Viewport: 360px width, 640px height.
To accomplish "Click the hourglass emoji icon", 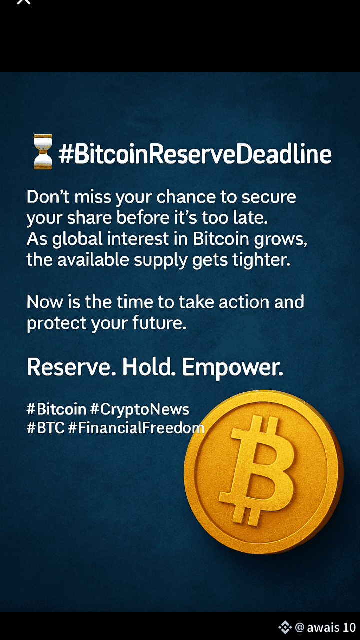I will coord(42,151).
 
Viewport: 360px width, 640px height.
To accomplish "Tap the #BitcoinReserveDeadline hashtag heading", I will coord(195,154).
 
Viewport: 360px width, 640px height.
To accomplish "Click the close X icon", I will coord(23,2).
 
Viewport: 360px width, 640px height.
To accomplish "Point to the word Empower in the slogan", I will coord(232,368).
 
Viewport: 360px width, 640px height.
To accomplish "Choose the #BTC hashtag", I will coord(45,428).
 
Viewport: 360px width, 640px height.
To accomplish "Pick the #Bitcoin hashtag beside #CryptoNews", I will coord(56,410).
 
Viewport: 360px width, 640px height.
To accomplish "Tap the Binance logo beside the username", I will coord(285,627).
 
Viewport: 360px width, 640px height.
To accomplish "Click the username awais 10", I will coord(331,628).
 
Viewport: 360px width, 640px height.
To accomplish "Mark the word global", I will coord(75,239).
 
